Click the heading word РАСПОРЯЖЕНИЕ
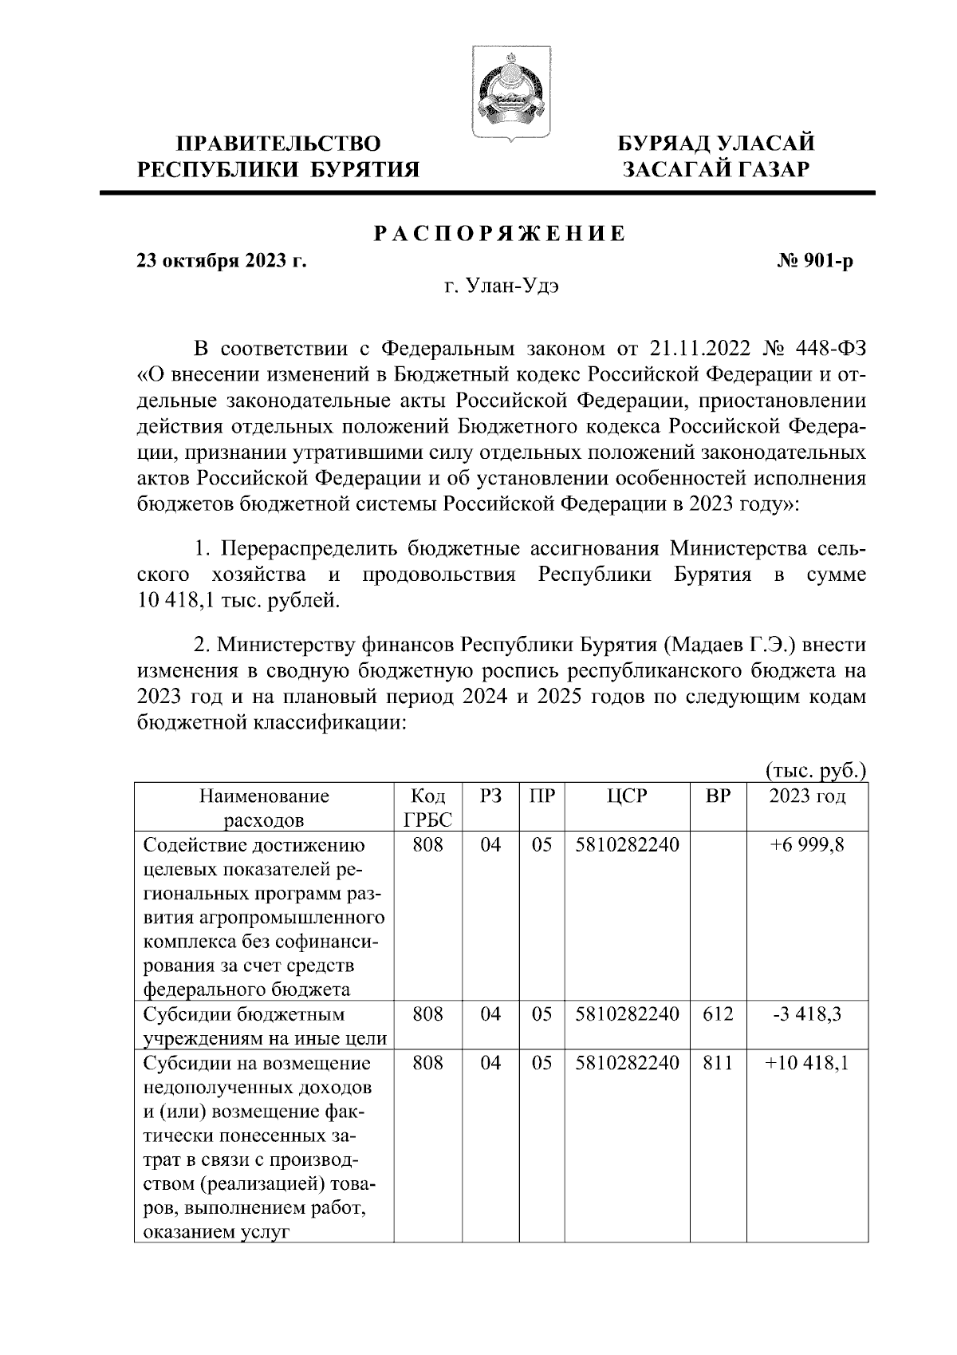click(x=500, y=234)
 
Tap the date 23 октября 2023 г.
click(x=222, y=261)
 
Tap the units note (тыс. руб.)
click(x=816, y=771)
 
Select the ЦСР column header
click(x=627, y=796)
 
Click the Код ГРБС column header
click(x=428, y=808)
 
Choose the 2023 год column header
click(x=807, y=796)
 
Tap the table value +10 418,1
click(x=807, y=1063)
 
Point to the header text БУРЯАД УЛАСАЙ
click(x=716, y=144)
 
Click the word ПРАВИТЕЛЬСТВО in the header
click(x=278, y=144)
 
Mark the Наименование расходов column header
click(x=263, y=808)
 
